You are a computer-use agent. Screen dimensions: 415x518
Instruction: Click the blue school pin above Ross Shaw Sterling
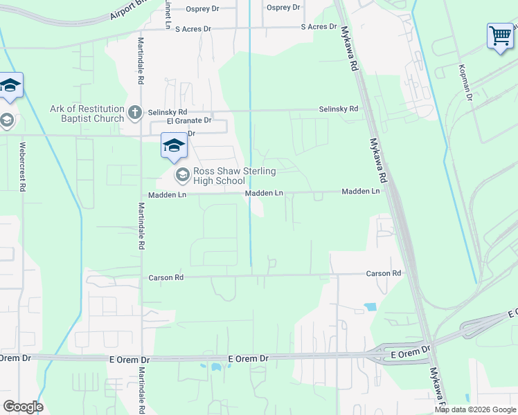coord(173,145)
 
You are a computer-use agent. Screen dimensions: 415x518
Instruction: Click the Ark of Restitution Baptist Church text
coord(87,113)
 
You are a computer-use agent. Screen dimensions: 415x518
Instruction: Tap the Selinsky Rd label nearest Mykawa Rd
coord(338,109)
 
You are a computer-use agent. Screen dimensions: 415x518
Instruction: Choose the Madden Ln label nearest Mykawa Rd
coord(361,191)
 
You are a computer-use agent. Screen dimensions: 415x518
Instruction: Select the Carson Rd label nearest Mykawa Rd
coord(384,274)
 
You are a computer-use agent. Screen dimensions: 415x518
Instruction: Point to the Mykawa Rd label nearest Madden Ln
coord(380,163)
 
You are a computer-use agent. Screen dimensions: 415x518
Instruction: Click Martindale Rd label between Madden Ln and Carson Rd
coord(141,225)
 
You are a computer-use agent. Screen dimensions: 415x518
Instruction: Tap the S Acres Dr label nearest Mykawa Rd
coord(318,27)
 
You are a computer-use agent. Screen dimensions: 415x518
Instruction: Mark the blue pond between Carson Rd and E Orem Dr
coord(370,306)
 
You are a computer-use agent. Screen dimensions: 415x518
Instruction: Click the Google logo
coord(23,407)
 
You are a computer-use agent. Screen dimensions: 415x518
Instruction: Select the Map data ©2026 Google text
coord(475,409)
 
